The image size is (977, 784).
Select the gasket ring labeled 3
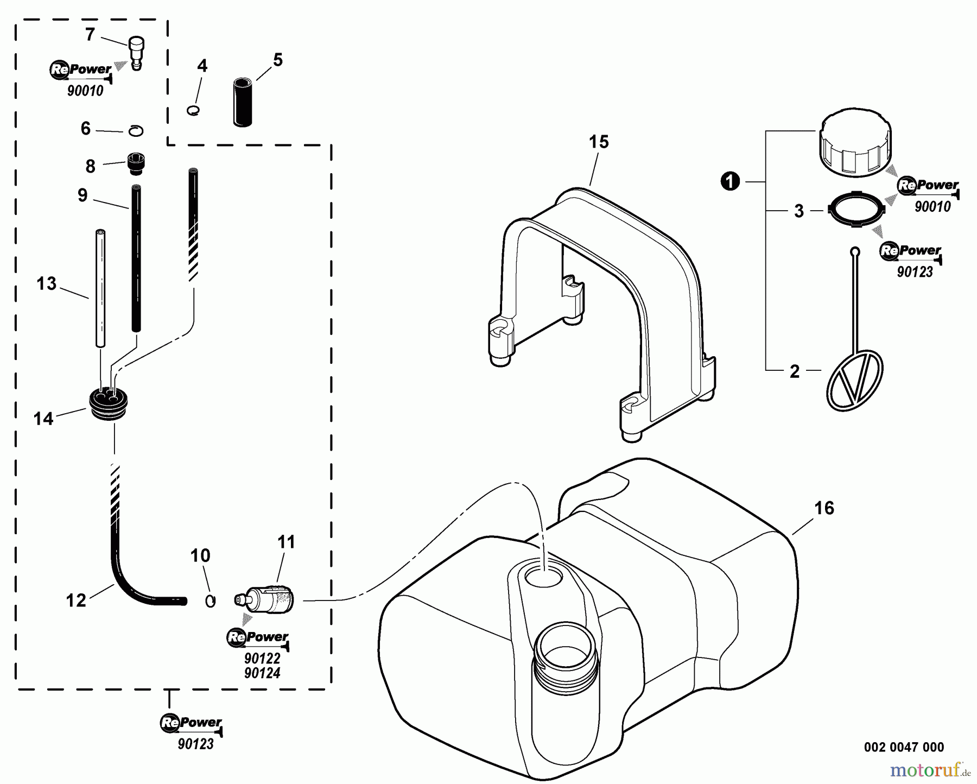(x=855, y=212)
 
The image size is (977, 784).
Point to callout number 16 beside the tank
(x=824, y=509)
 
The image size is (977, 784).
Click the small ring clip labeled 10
(x=211, y=601)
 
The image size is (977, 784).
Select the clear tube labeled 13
(x=100, y=288)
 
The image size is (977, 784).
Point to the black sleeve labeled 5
(x=243, y=102)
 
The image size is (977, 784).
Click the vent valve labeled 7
(x=136, y=52)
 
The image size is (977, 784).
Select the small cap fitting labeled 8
(x=136, y=163)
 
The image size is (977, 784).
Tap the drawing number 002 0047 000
(x=904, y=747)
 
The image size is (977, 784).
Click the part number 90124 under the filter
(x=262, y=673)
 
